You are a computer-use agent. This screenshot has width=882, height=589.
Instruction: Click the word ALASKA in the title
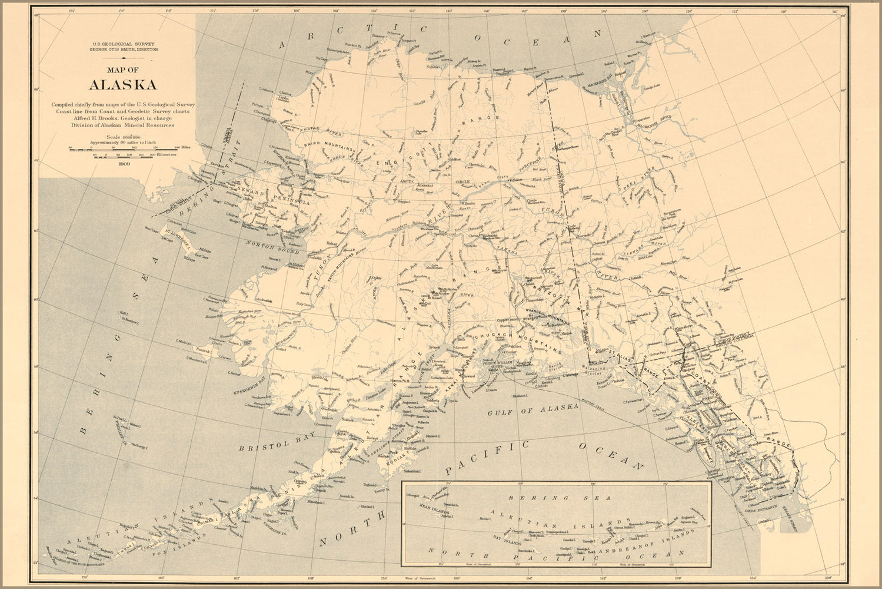122,84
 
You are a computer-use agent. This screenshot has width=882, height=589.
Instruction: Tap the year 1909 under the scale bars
124,164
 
